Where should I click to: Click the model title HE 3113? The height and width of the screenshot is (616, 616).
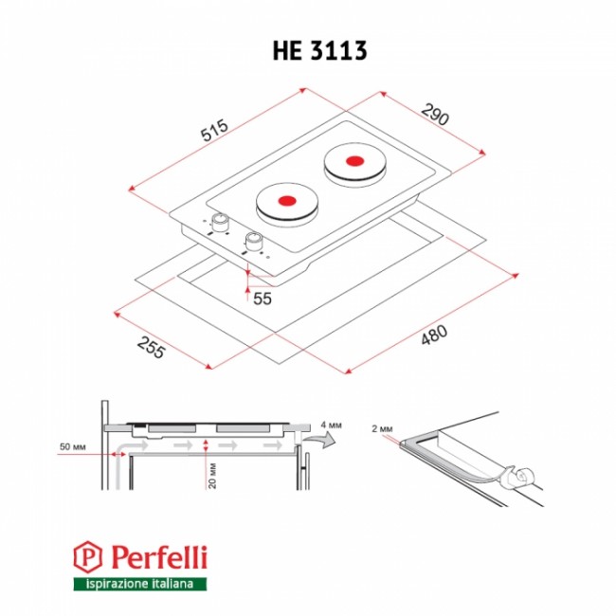[319, 50]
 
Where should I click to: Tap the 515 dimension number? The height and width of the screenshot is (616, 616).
[214, 130]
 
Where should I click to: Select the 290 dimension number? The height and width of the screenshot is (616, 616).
[435, 115]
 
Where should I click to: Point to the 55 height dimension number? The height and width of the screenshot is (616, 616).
[263, 299]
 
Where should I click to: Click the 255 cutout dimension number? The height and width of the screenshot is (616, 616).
[151, 348]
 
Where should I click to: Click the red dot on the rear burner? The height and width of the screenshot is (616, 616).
[354, 161]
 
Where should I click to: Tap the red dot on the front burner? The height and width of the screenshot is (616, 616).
[287, 200]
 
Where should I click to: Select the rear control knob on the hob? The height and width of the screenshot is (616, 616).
[219, 223]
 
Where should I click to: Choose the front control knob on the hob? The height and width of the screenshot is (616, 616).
[253, 241]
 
